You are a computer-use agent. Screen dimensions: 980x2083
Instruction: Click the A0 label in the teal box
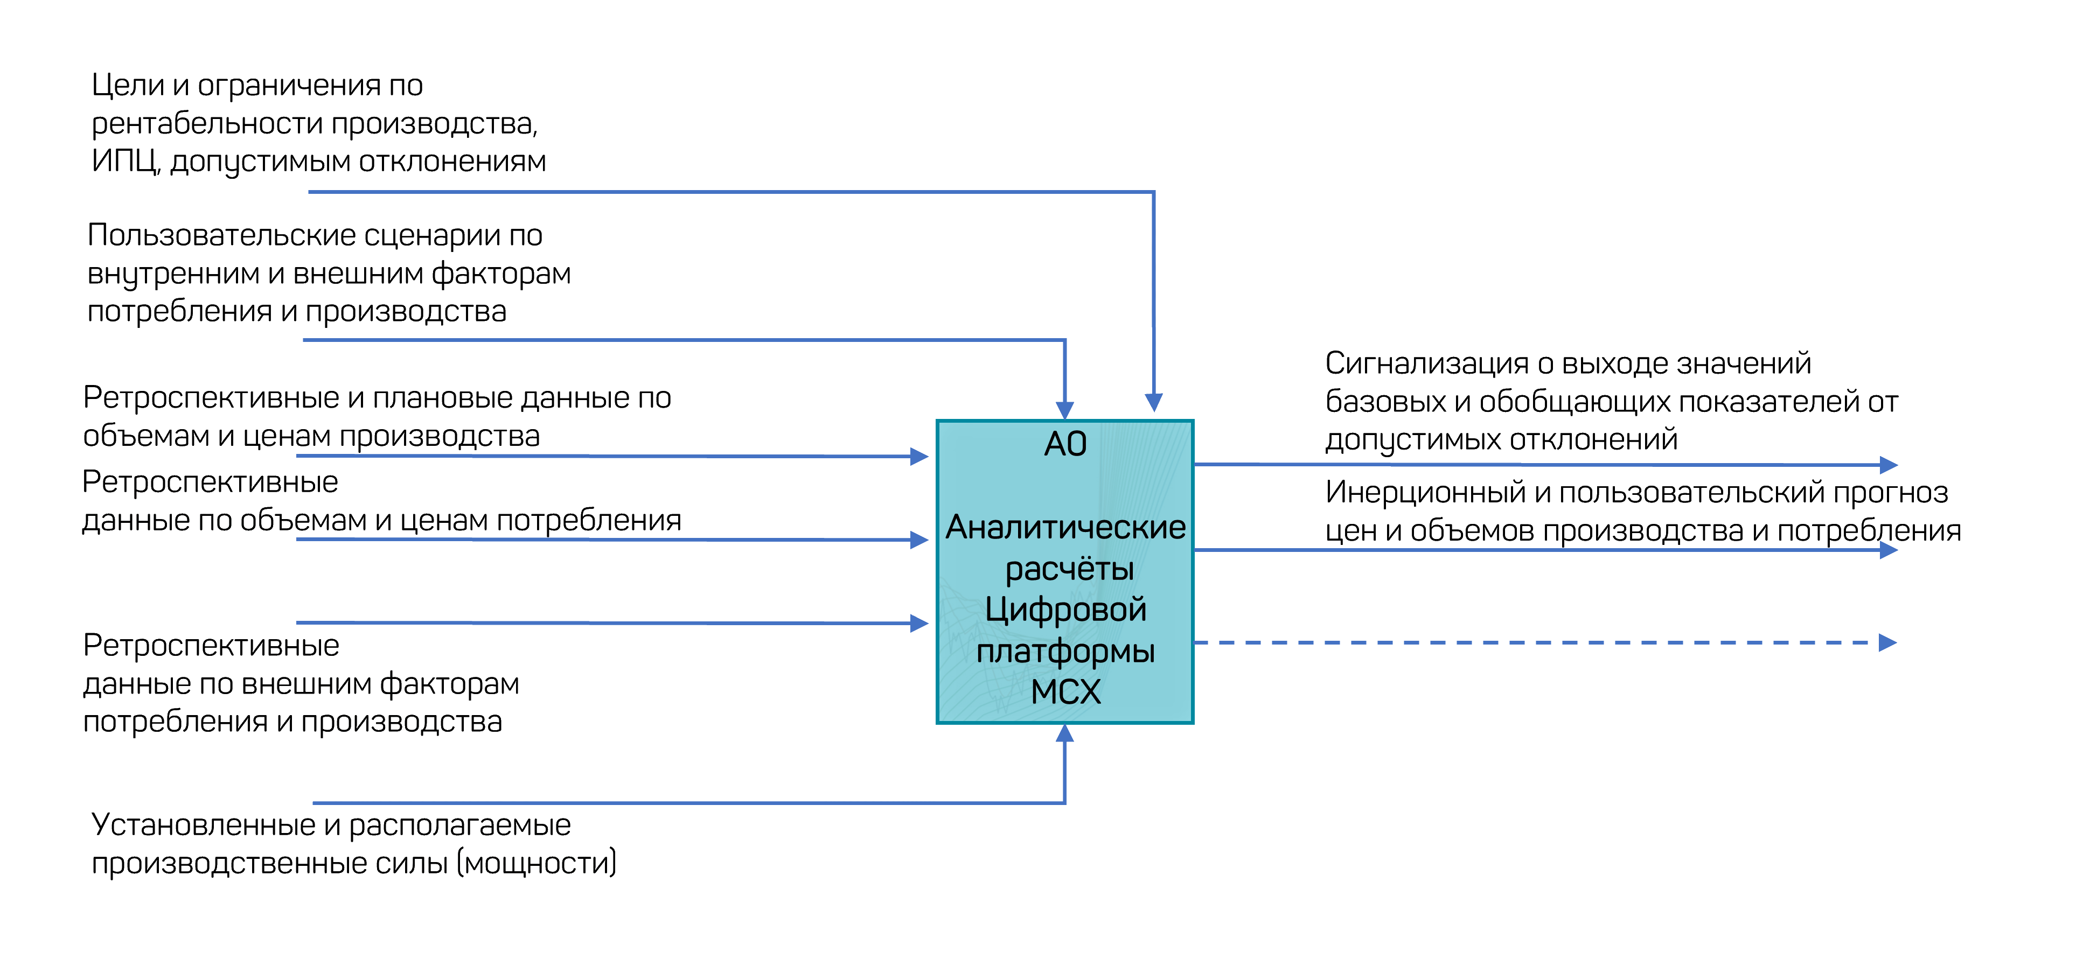(x=1065, y=444)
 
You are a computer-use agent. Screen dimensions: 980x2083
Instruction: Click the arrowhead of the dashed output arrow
(x=1888, y=643)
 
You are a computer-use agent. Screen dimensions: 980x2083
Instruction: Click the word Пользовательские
(x=221, y=235)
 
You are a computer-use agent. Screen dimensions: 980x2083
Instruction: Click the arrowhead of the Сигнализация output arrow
(x=1889, y=465)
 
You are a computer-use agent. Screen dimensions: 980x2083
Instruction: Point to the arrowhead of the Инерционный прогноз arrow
(x=1889, y=551)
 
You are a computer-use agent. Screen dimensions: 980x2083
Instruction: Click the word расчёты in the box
(x=1069, y=569)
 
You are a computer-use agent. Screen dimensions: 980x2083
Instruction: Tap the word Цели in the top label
(x=128, y=86)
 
